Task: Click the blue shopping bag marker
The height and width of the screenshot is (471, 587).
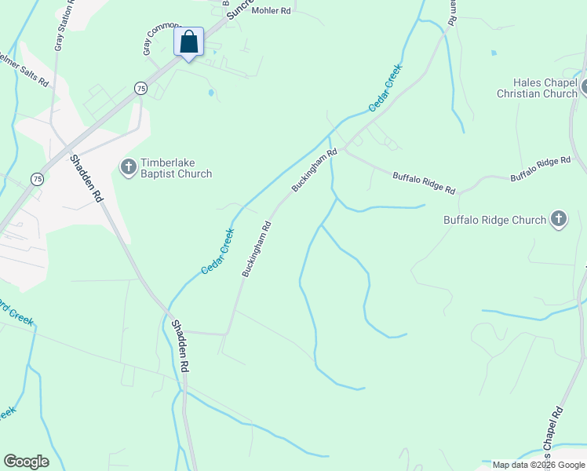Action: (x=189, y=42)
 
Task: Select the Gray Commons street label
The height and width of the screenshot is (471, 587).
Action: (x=160, y=38)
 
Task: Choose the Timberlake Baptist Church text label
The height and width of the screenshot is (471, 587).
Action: (x=176, y=169)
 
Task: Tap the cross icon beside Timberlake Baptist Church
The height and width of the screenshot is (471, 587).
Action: (x=127, y=166)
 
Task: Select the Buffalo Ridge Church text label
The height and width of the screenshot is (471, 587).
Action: (x=494, y=220)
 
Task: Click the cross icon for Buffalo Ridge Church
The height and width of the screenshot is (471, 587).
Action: (x=558, y=219)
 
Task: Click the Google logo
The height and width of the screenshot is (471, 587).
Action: (x=26, y=462)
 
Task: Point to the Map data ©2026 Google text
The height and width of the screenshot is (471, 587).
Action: (x=538, y=465)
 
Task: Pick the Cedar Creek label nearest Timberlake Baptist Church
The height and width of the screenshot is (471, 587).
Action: (x=218, y=250)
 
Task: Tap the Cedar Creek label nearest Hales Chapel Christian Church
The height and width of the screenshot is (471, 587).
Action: (x=385, y=88)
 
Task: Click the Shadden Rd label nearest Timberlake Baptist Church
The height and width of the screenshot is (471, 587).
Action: (x=86, y=180)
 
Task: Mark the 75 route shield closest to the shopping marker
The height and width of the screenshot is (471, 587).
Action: (x=140, y=88)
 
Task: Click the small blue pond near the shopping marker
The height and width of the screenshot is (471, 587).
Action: (x=210, y=93)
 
